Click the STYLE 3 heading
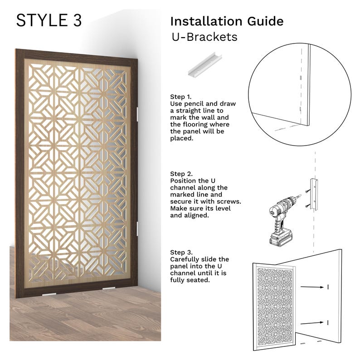click(x=49, y=20)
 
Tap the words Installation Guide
click(x=226, y=21)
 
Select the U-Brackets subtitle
click(x=204, y=37)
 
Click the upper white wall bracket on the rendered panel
click(x=138, y=112)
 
